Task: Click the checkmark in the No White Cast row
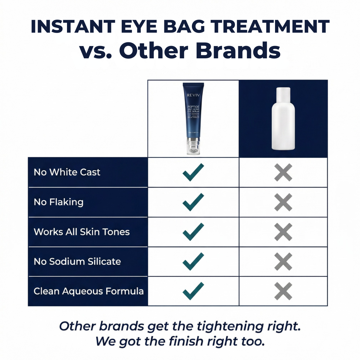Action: tap(193, 172)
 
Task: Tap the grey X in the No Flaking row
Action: tap(283, 202)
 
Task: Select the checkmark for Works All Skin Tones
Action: tap(193, 232)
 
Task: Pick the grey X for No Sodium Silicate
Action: tap(283, 261)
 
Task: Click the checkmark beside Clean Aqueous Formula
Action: tap(193, 291)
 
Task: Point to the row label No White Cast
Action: tap(67, 172)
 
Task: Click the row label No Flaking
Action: tap(59, 202)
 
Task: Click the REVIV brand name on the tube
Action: tap(193, 95)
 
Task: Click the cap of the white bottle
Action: tap(283, 94)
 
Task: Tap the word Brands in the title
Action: tap(238, 51)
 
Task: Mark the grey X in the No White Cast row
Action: tap(283, 172)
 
